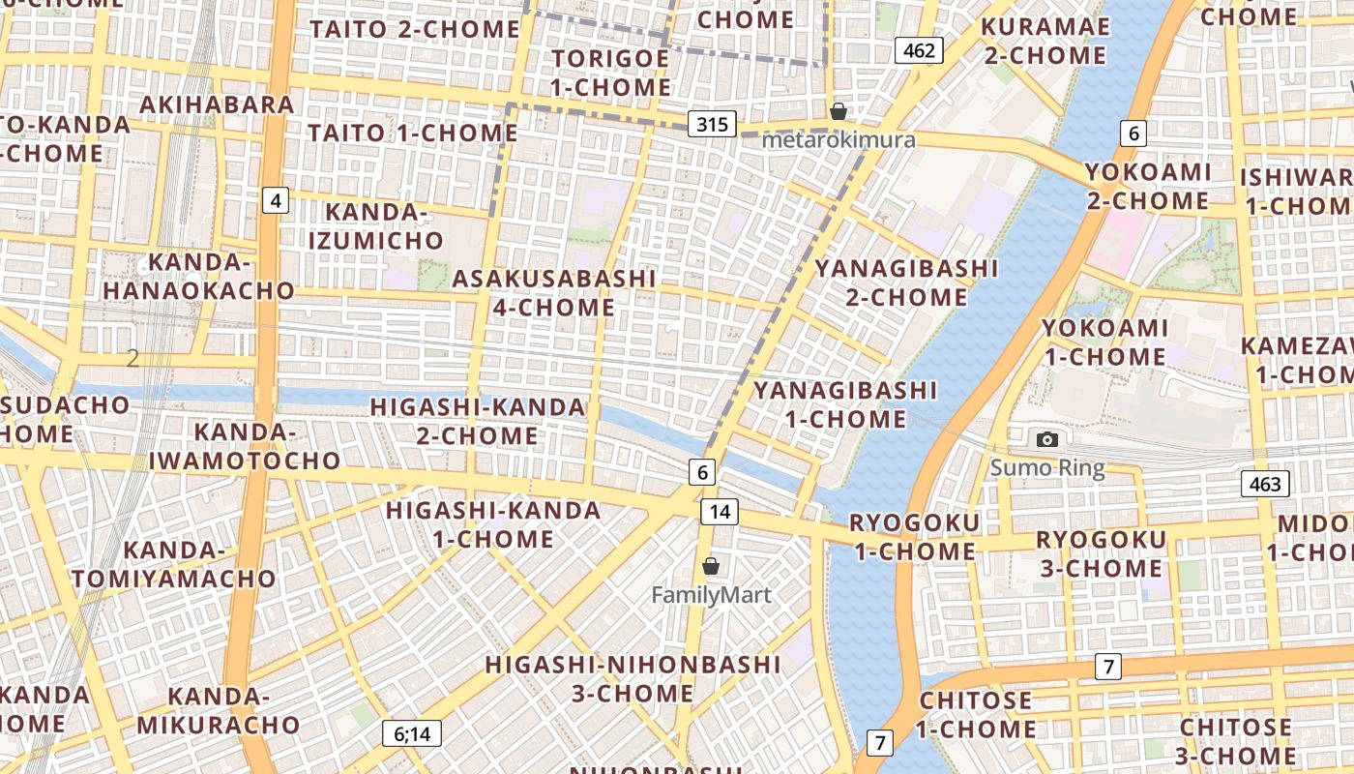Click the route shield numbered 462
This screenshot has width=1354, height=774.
coord(918,50)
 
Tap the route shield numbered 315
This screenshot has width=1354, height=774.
coord(713,124)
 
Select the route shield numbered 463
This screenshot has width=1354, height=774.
coord(1265,484)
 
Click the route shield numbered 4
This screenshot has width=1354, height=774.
coord(277,201)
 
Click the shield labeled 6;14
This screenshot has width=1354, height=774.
coord(412,733)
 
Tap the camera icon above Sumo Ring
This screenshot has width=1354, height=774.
coord(1046,440)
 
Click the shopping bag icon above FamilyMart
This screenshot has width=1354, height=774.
coord(711,566)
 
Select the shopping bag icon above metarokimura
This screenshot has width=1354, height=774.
coord(839,111)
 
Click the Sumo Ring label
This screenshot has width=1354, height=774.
coord(1047,469)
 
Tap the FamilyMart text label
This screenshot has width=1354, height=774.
coord(711,595)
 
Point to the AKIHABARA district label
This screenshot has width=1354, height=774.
coord(218,104)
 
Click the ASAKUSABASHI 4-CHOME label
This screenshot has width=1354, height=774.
coord(554,293)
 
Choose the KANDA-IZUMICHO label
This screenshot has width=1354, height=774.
coord(376,226)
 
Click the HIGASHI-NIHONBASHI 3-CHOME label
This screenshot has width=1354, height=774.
coord(633,679)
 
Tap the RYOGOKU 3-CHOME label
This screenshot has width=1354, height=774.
coord(1101,553)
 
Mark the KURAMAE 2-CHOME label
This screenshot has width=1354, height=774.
coord(1045,41)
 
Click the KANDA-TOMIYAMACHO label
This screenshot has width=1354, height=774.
coord(173,565)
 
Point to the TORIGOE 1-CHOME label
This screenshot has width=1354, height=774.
coord(610,73)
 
